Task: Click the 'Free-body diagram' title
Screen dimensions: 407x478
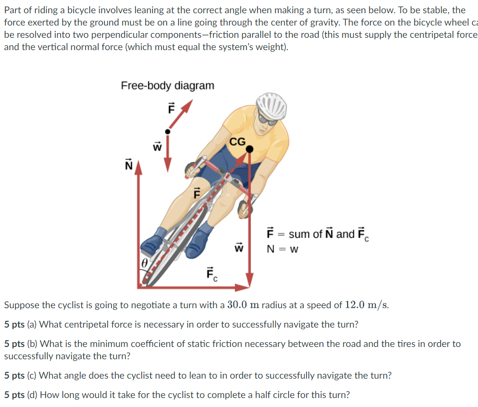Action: click(x=167, y=86)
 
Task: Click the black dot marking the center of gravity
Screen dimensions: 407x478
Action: click(x=249, y=149)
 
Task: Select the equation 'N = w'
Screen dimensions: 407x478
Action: click(x=282, y=249)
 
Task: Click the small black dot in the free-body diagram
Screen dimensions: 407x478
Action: click(x=167, y=131)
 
